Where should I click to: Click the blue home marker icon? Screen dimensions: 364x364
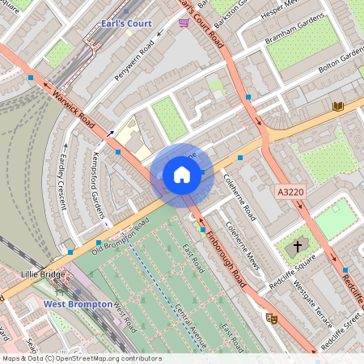(x=182, y=175)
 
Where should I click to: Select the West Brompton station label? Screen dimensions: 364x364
(x=76, y=304)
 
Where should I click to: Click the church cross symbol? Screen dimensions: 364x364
(x=297, y=245)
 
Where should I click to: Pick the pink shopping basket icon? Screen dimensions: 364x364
(x=184, y=23)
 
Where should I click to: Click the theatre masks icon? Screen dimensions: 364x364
(x=272, y=319)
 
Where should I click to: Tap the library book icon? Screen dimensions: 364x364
(x=337, y=106)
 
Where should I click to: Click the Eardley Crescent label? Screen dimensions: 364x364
(x=63, y=184)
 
